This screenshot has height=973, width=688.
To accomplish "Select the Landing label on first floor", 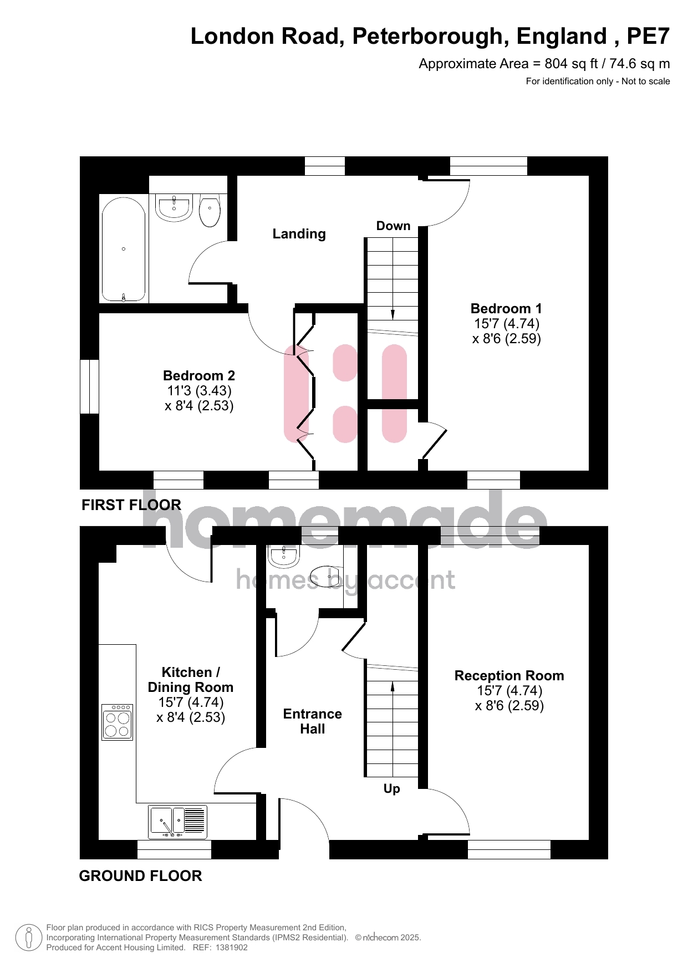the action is coord(299,234).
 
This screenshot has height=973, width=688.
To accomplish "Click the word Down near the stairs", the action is coord(393,226).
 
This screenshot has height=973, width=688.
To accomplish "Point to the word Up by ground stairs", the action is coord(391,789).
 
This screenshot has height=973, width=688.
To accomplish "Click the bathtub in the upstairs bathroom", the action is coord(124,249).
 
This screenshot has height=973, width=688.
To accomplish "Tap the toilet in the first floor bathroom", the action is coord(210,210).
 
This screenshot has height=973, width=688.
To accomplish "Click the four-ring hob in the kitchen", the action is coord(118,722).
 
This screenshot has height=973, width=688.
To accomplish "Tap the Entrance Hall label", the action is coord(312,721).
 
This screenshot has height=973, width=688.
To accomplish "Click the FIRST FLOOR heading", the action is coord(131,505).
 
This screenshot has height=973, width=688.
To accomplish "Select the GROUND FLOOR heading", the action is coord(140,876).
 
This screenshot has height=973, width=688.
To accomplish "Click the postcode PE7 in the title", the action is coord(648,37).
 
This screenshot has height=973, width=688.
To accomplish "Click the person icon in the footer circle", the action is coord(29,938).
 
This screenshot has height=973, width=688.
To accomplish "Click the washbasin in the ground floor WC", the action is coord(284,556).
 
